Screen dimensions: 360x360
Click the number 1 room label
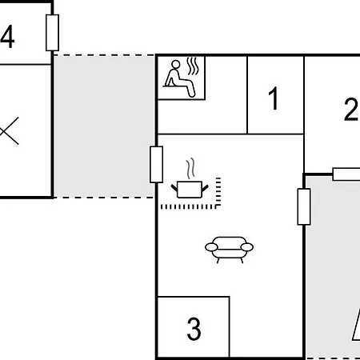(x=274, y=98)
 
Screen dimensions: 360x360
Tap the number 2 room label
(x=350, y=109)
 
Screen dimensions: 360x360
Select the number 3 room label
(x=194, y=329)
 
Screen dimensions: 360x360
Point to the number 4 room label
(x=7, y=37)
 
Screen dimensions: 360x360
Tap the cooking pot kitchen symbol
(x=190, y=178)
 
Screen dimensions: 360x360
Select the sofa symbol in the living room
(x=229, y=250)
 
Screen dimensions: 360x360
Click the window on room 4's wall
(x=52, y=33)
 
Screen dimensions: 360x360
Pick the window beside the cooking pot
(x=157, y=164)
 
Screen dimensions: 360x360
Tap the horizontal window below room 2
(x=346, y=174)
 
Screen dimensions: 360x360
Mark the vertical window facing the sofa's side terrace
(x=304, y=206)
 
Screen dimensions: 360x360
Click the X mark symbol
(x=10, y=131)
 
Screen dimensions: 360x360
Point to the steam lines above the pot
(x=190, y=169)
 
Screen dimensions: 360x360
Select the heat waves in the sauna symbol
(x=193, y=66)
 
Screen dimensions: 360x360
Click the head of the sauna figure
(x=176, y=64)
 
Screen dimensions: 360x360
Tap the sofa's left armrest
(x=211, y=247)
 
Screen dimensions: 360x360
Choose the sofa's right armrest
(x=247, y=247)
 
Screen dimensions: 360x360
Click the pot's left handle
(x=174, y=188)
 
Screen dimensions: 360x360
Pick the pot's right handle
(x=205, y=188)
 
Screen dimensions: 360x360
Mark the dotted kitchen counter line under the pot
(x=190, y=207)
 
